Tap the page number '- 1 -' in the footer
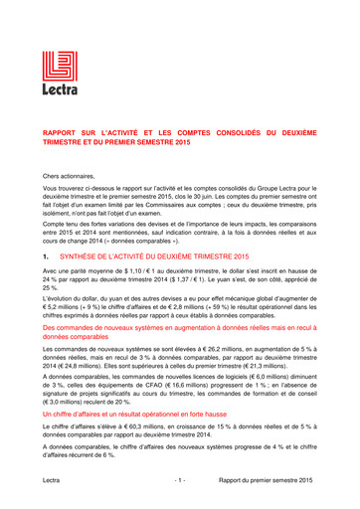point(180,480)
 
